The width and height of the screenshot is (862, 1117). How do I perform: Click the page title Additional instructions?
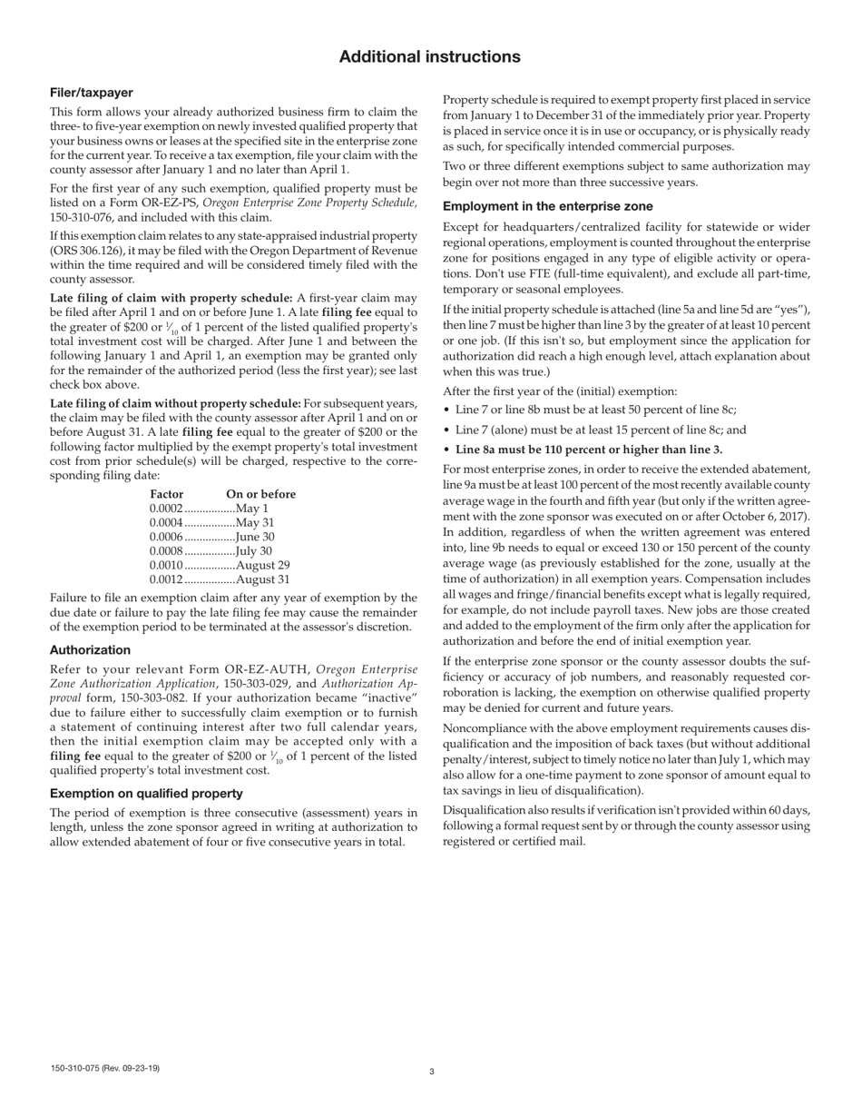point(430,57)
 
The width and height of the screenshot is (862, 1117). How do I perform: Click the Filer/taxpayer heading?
point(92,93)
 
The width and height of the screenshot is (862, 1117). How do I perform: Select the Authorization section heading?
point(90,650)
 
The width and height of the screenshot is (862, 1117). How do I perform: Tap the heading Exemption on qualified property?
point(146,794)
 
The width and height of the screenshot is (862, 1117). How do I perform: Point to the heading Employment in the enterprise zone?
point(547,206)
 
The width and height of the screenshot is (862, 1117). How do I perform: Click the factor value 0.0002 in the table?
point(166,509)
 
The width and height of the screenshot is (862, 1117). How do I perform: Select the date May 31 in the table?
point(255,523)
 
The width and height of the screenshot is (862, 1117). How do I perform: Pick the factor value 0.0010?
point(166,565)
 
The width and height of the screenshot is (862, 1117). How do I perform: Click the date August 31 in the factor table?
point(263,579)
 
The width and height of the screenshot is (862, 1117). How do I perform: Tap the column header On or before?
point(260,494)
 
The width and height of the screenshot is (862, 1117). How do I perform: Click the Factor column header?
point(166,494)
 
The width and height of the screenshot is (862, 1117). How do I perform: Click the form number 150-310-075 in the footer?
point(105,1068)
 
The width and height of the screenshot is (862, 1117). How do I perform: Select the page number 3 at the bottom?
point(432,1072)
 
